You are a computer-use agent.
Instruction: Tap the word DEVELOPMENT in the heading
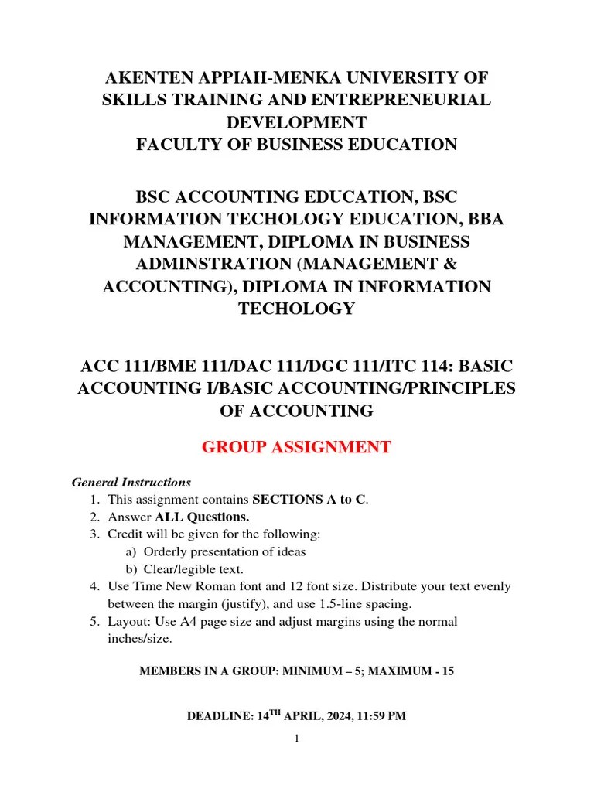(296, 122)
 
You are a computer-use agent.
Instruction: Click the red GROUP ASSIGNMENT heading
(296, 447)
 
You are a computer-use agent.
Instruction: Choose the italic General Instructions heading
(131, 482)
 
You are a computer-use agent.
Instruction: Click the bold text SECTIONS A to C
(309, 500)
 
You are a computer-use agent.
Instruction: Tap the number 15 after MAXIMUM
(447, 671)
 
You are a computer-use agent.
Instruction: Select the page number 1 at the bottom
(296, 739)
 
